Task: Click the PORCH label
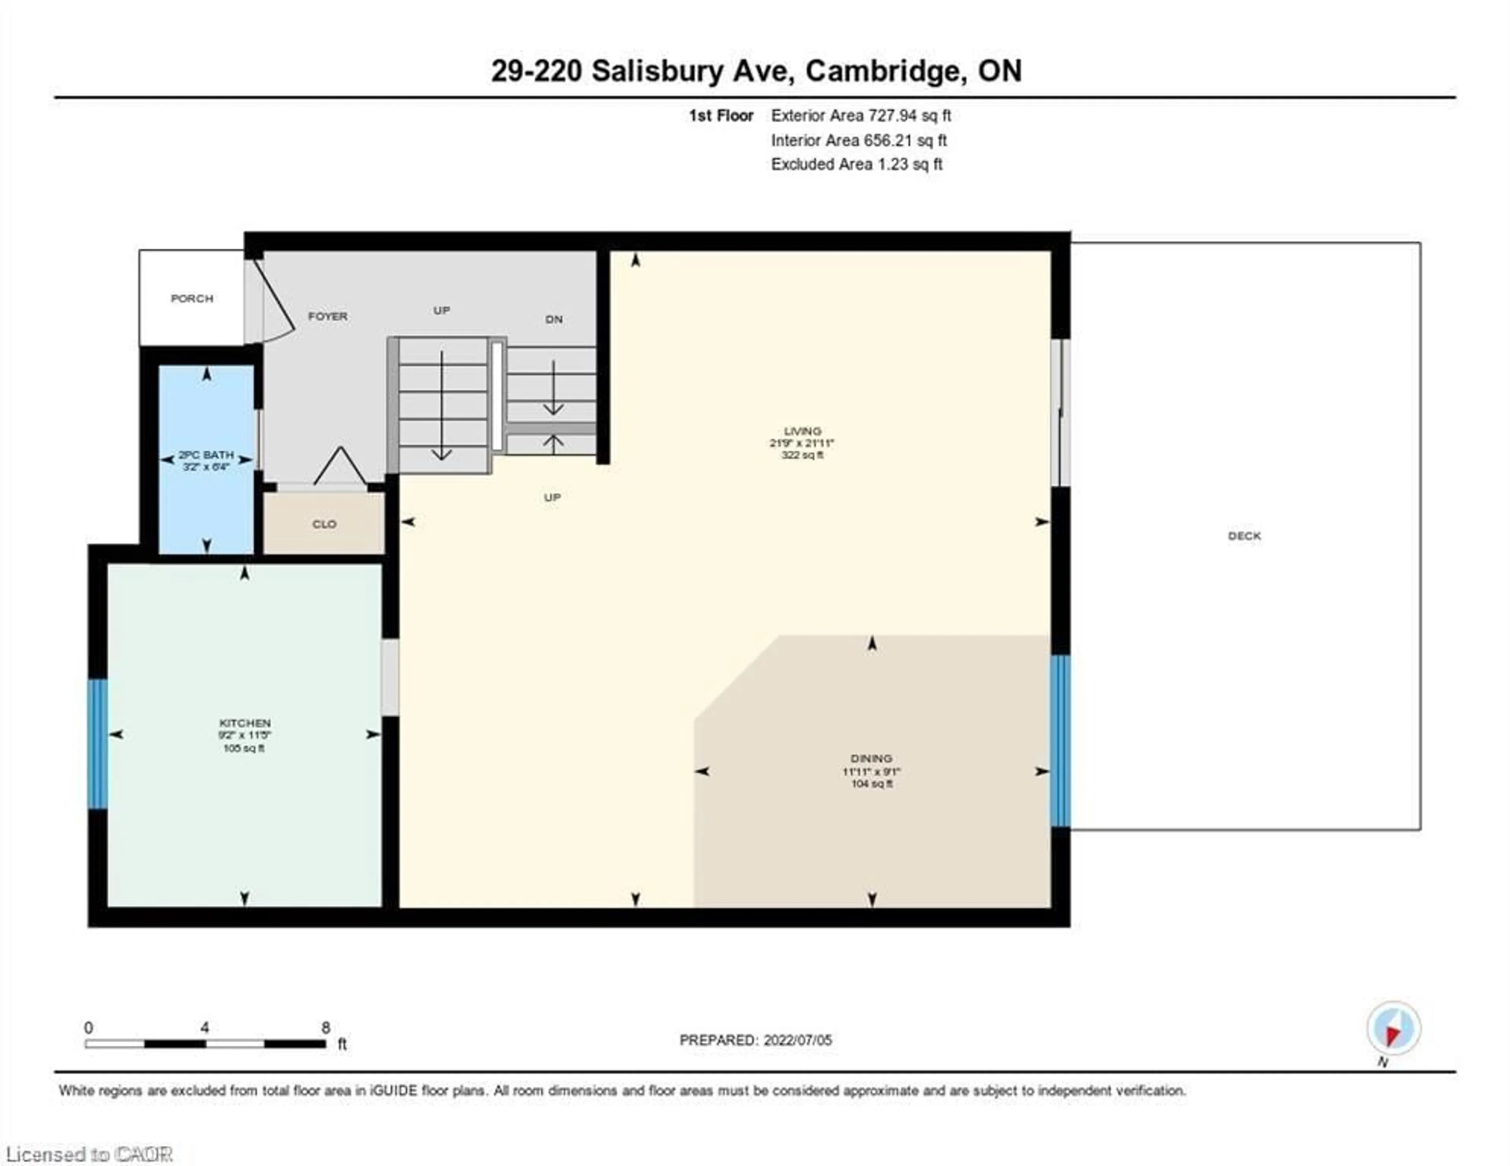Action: coord(192,299)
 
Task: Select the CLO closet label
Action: coord(324,524)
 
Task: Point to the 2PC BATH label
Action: coord(206,455)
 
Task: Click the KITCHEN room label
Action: coord(245,723)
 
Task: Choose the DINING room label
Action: coord(871,758)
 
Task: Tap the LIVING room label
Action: coord(802,431)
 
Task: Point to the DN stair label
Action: coord(554,320)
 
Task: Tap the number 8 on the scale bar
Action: coord(326,1028)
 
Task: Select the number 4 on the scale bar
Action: coord(204,1028)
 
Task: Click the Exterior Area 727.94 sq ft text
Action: coord(861,116)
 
